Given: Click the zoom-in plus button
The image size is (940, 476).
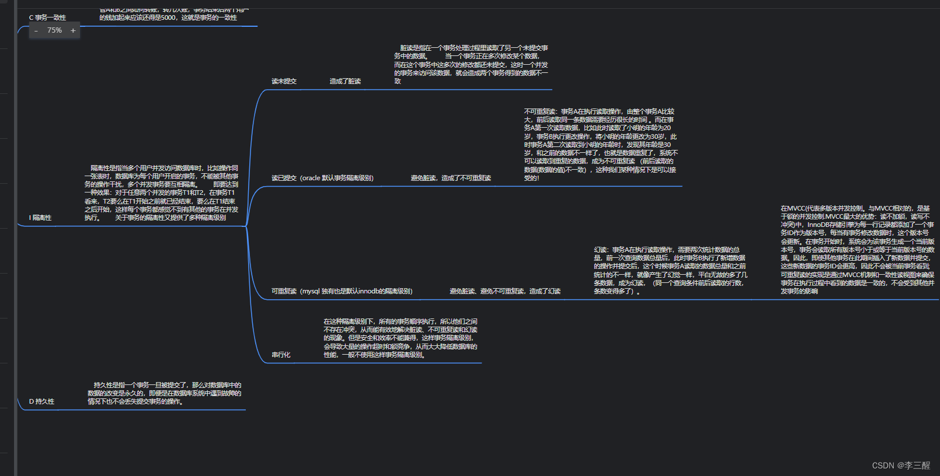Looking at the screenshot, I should pyautogui.click(x=73, y=30).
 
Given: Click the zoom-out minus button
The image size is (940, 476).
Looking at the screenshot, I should pyautogui.click(x=36, y=30).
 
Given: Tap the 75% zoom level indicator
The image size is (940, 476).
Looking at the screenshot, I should pyautogui.click(x=54, y=30).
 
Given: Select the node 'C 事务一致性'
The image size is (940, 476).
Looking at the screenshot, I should pyautogui.click(x=47, y=18).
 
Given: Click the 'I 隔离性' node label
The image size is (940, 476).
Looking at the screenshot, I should pyautogui.click(x=40, y=218).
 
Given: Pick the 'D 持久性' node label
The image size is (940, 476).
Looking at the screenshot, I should pyautogui.click(x=41, y=401).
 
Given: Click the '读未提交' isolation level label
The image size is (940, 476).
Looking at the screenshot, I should pyautogui.click(x=284, y=81).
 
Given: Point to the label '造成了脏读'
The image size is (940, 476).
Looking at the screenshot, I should pyautogui.click(x=345, y=81).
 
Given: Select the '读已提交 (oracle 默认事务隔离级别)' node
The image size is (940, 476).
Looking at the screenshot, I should pyautogui.click(x=322, y=178).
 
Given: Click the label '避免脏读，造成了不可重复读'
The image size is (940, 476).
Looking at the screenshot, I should pyautogui.click(x=451, y=178).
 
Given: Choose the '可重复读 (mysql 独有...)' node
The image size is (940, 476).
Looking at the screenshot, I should pyautogui.click(x=342, y=291).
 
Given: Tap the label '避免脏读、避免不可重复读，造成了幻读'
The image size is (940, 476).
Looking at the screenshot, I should pyautogui.click(x=505, y=291).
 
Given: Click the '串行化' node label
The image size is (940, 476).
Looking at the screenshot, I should pyautogui.click(x=281, y=355).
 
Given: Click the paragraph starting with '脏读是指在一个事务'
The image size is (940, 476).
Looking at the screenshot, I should pyautogui.click(x=471, y=64).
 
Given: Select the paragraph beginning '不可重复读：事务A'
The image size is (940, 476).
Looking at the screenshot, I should pyautogui.click(x=600, y=144).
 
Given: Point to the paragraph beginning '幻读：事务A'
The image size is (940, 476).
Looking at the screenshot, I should pyautogui.click(x=670, y=270).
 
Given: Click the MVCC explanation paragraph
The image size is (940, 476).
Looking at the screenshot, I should pyautogui.click(x=857, y=249).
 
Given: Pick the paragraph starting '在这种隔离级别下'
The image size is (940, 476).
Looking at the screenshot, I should pyautogui.click(x=401, y=338).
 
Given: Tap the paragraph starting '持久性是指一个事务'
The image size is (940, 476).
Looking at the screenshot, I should pyautogui.click(x=164, y=393).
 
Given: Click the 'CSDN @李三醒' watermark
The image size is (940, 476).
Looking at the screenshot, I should pyautogui.click(x=901, y=466).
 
